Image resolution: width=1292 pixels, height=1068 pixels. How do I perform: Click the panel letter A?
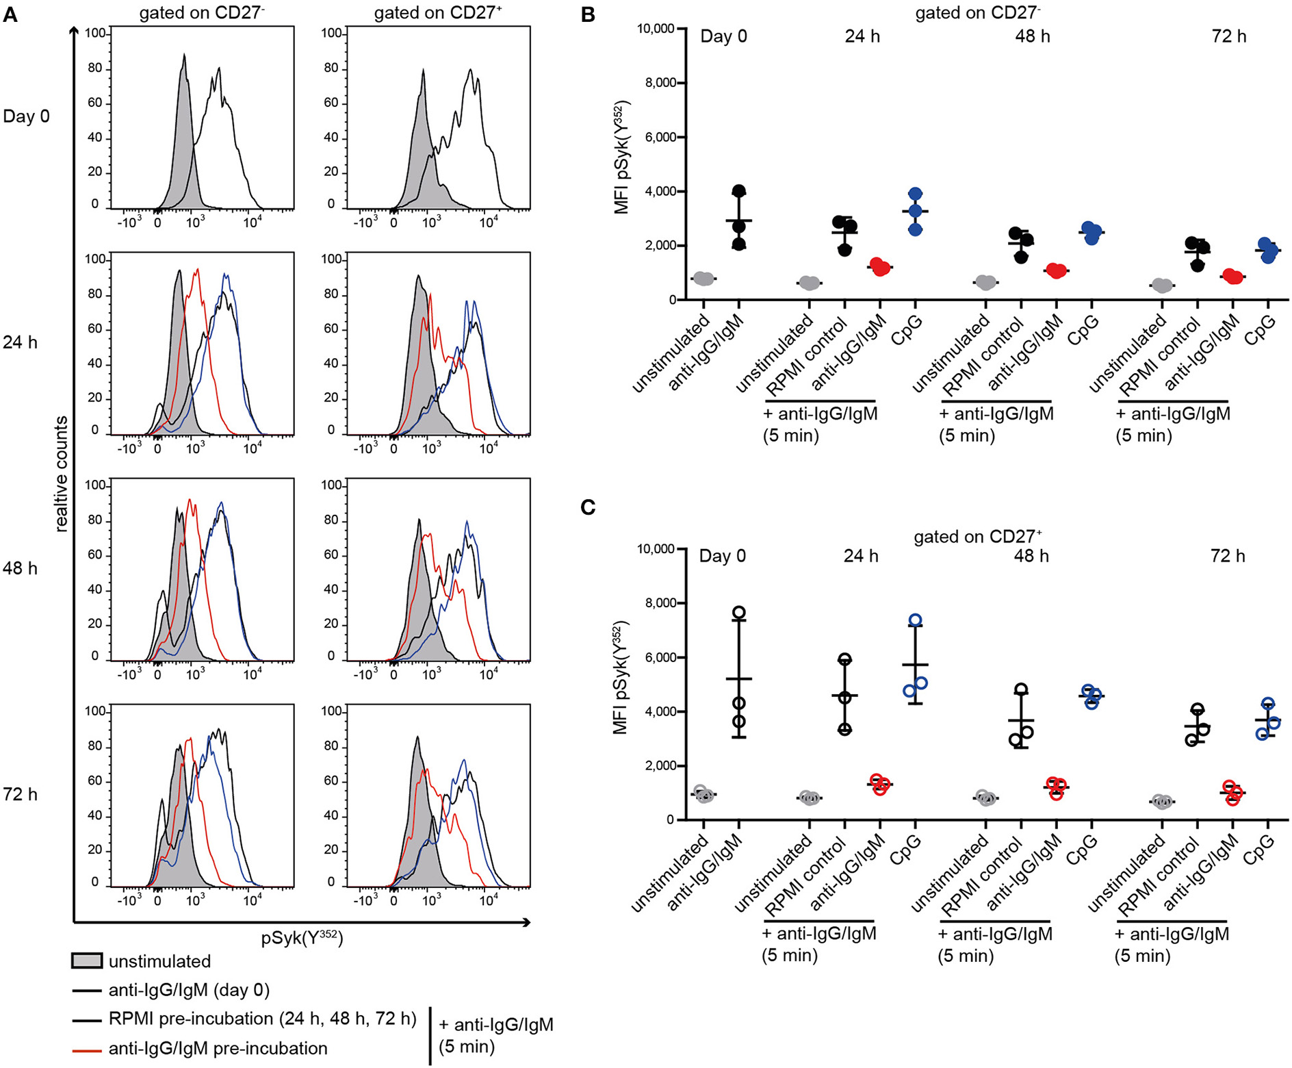tap(10, 14)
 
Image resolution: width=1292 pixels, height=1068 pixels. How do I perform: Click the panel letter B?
tap(588, 14)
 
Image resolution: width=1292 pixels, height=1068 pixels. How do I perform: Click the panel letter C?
tap(588, 507)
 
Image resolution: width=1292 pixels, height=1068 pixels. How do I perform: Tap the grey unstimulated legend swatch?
tap(87, 961)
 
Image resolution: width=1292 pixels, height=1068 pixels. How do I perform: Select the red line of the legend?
tap(87, 1049)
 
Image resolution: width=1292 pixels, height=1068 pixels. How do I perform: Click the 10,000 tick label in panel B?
tap(655, 29)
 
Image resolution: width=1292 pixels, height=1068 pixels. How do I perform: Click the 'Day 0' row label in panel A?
tap(26, 116)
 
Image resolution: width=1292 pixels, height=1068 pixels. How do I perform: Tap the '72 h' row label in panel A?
tap(20, 794)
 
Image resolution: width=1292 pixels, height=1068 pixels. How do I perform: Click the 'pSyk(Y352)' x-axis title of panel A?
tap(302, 937)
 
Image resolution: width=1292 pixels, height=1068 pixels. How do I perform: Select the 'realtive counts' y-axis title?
tap(62, 474)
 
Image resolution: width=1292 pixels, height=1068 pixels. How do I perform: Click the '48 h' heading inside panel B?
tap(1032, 36)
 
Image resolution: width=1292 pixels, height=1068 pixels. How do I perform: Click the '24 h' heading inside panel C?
tap(860, 556)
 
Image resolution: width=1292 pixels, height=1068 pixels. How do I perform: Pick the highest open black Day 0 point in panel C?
tap(739, 613)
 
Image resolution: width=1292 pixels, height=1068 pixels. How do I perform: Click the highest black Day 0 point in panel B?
tap(739, 191)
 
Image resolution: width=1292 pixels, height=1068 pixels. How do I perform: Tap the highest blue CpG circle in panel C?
tap(916, 620)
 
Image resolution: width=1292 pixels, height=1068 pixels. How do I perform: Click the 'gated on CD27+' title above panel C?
tap(977, 537)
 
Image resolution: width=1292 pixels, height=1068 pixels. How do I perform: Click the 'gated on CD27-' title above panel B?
tap(977, 13)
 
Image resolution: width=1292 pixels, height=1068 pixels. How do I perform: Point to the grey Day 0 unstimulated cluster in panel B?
tap(703, 279)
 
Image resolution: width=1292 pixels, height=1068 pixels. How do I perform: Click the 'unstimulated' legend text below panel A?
tap(159, 961)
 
